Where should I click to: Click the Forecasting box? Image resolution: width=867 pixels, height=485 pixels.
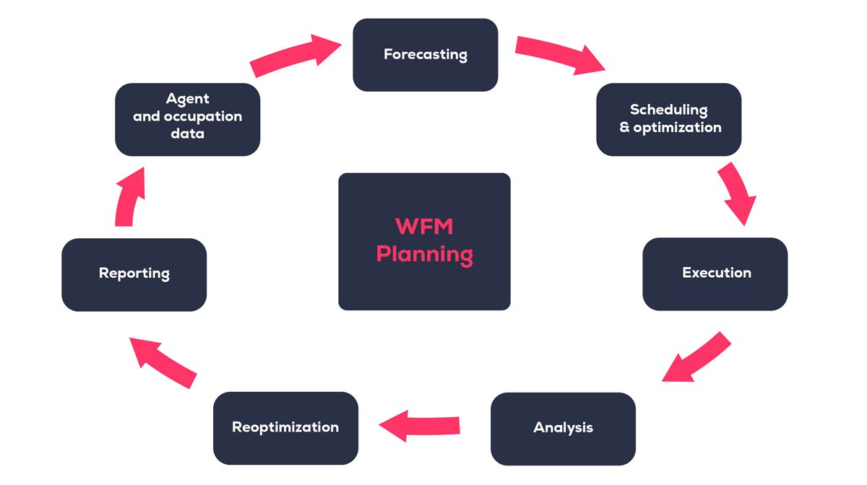(425, 55)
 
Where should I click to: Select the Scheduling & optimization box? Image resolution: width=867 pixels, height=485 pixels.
(668, 119)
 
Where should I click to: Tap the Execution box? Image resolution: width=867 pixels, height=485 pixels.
(715, 274)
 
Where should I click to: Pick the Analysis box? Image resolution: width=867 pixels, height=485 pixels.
(563, 428)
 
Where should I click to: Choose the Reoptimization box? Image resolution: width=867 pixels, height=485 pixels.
(285, 427)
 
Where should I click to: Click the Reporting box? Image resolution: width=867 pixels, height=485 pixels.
(134, 274)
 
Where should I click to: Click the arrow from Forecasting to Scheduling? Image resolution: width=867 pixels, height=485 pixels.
(560, 56)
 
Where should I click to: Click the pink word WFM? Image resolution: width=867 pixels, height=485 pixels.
(424, 227)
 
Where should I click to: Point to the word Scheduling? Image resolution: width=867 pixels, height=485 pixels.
(668, 110)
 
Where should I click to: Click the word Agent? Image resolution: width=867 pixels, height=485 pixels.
(187, 99)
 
